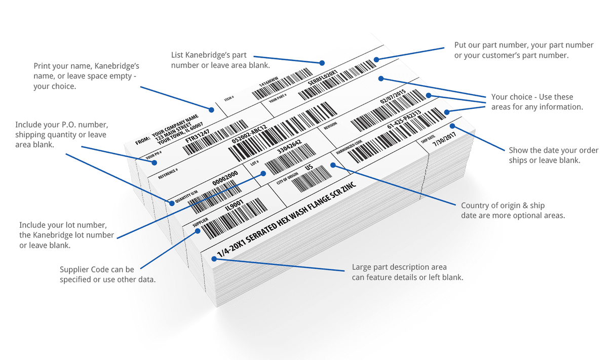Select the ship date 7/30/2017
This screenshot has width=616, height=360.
pyautogui.click(x=445, y=137)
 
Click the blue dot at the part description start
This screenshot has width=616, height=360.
pyautogui.click(x=214, y=259)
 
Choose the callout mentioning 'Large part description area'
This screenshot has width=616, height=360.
pyautogui.click(x=407, y=272)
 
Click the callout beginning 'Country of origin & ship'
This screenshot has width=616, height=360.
pyautogui.click(x=512, y=210)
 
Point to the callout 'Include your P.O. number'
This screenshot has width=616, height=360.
pyautogui.click(x=61, y=134)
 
